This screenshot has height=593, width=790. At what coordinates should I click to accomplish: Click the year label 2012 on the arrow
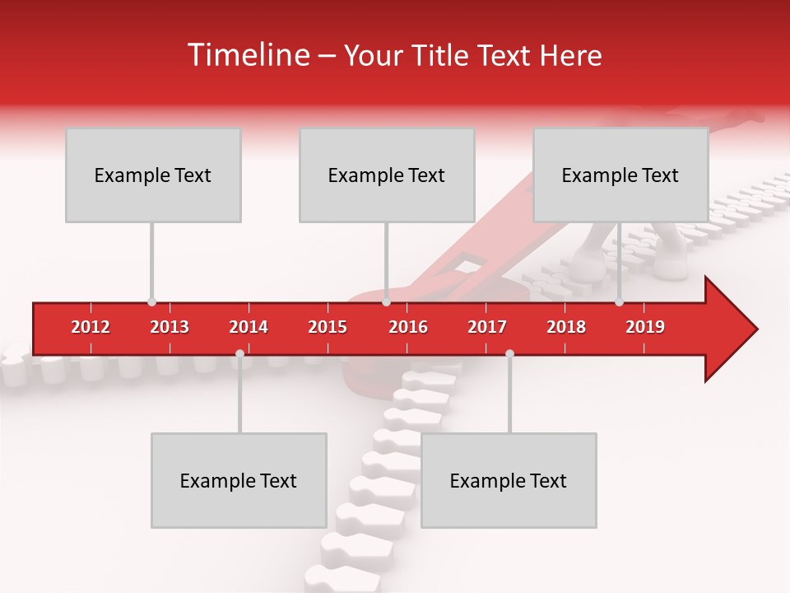[91, 327]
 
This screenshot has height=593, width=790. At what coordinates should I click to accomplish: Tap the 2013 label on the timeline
[170, 327]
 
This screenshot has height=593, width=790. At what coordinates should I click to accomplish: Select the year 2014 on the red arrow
[249, 327]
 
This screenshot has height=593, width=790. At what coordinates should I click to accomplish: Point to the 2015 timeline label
[328, 327]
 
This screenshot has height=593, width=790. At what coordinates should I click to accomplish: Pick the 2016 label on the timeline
[408, 327]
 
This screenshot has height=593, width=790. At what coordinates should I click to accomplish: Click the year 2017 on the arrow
[487, 327]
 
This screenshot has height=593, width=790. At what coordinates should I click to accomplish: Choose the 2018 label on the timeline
[566, 327]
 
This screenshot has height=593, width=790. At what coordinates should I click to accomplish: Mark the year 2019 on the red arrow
[645, 327]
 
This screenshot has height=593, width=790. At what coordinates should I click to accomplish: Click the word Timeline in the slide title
[247, 55]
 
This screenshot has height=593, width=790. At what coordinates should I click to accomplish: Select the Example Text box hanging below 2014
[239, 480]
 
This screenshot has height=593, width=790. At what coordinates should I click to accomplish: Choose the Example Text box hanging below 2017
[509, 480]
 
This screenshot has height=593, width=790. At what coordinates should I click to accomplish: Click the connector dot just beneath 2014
[239, 354]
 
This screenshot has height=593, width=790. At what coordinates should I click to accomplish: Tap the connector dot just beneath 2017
[509, 354]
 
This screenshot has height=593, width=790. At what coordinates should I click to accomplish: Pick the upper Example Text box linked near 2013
[153, 175]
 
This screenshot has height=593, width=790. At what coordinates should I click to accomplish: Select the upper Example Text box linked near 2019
[620, 175]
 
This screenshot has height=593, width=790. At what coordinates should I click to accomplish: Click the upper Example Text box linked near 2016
[387, 175]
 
